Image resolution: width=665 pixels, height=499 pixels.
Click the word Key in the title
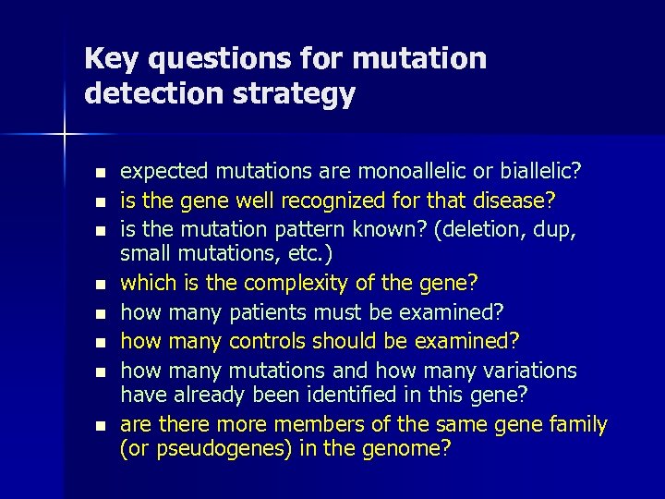111,59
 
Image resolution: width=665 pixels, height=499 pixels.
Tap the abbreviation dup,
552,228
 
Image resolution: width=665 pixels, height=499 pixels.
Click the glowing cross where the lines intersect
64,135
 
